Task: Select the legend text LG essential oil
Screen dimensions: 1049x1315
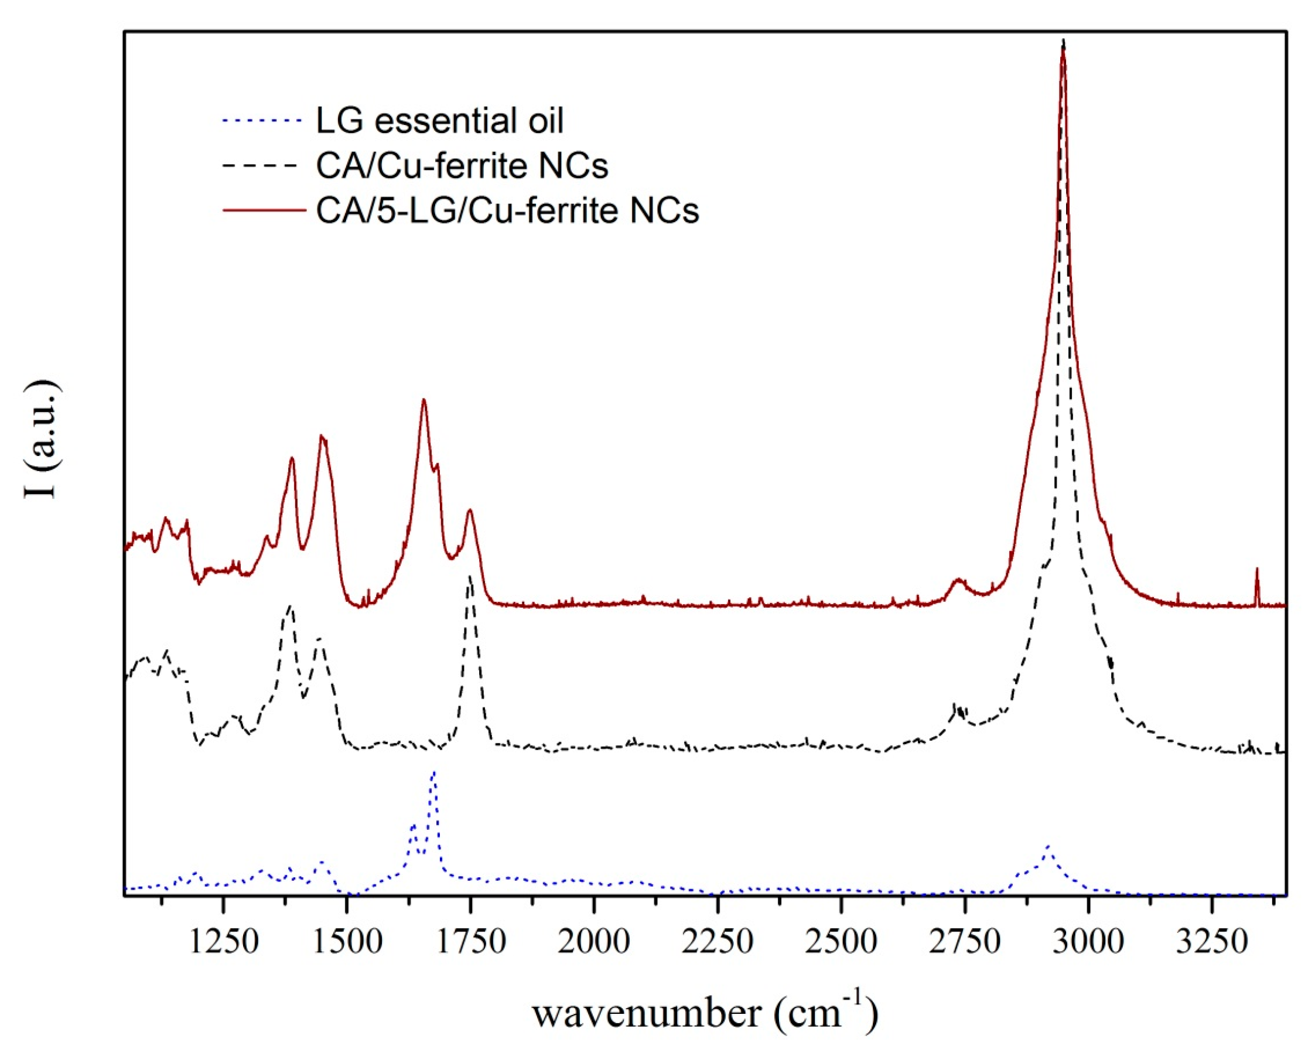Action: (439, 120)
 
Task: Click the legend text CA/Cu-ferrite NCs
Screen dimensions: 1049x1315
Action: (462, 165)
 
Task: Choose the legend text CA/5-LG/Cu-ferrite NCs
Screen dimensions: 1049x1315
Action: (507, 210)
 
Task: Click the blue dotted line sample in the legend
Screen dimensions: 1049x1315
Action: (263, 121)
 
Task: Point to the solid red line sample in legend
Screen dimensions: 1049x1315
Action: (263, 210)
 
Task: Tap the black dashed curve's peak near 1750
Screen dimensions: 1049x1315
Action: (470, 577)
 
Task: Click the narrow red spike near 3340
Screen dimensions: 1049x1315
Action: (1256, 570)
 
